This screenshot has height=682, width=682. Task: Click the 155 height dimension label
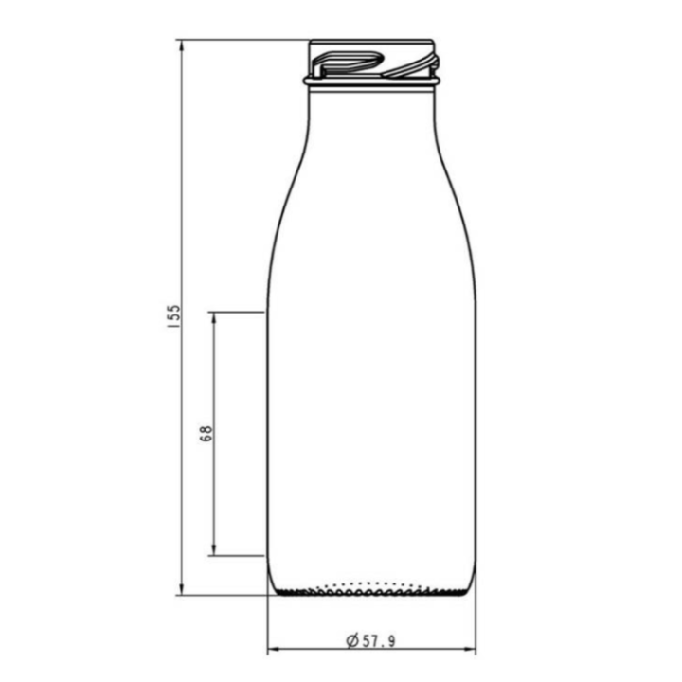pos(173,316)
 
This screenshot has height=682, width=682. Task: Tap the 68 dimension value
pos(206,434)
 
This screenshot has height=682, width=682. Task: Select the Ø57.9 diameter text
pos(370,640)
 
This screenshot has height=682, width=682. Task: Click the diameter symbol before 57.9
pos(352,640)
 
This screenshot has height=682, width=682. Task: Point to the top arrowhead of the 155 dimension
pos(182,45)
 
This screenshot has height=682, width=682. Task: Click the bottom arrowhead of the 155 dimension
pos(182,588)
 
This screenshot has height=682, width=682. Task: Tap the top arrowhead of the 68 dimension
pos(213,318)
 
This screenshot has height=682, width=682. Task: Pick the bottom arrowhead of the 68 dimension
pos(213,549)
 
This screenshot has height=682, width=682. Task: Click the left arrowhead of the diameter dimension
pos(274,650)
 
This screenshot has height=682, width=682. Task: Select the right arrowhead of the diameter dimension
pos(470,650)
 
